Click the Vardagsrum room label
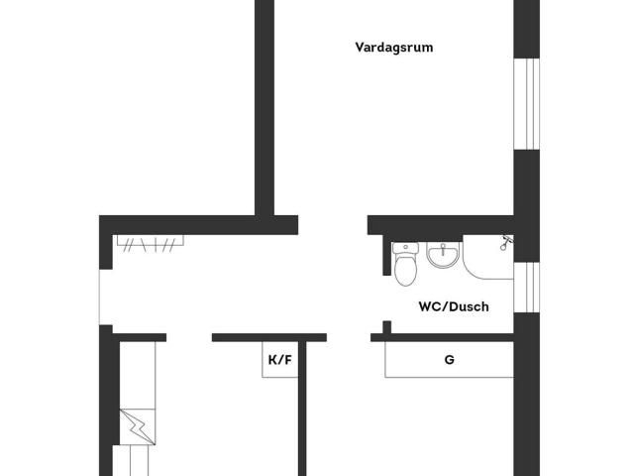[394, 48]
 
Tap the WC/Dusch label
[454, 306]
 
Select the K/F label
[279, 359]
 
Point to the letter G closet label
[449, 359]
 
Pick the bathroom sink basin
[443, 255]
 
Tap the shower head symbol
[505, 242]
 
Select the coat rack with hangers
[150, 243]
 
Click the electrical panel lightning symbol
[138, 427]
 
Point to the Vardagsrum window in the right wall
[526, 104]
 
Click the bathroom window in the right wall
[526, 288]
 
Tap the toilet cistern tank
[405, 248]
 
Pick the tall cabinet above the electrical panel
[138, 375]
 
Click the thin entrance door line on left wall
[99, 297]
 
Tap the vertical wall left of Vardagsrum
[264, 108]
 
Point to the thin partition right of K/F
[302, 409]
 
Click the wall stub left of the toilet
[387, 255]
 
